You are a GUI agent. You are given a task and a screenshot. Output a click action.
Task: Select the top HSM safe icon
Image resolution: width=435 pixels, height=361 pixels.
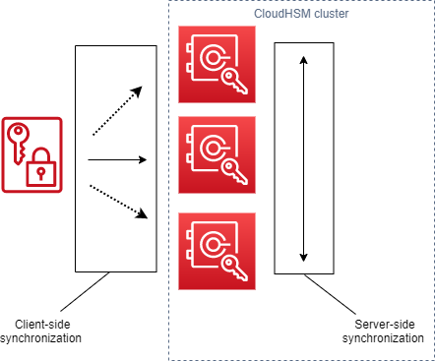coord(217,65)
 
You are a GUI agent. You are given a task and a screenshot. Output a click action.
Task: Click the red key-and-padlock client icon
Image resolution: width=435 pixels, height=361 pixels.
coord(32,154)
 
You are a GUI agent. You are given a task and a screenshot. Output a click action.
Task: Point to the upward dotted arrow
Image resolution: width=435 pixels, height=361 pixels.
coord(117,110)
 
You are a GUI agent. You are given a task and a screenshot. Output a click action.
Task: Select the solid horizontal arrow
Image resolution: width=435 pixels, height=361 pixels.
coord(117,158)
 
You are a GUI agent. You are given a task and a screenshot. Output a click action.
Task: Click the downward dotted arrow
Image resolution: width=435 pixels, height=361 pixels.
coord(117,201)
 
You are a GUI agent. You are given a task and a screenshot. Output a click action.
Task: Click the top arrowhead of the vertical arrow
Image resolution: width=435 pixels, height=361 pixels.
coord(304,60)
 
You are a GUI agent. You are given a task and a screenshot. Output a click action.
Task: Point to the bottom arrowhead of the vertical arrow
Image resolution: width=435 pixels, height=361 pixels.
coord(304,255)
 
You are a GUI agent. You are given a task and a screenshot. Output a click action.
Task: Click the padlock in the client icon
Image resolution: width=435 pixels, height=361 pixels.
coord(41,170)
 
